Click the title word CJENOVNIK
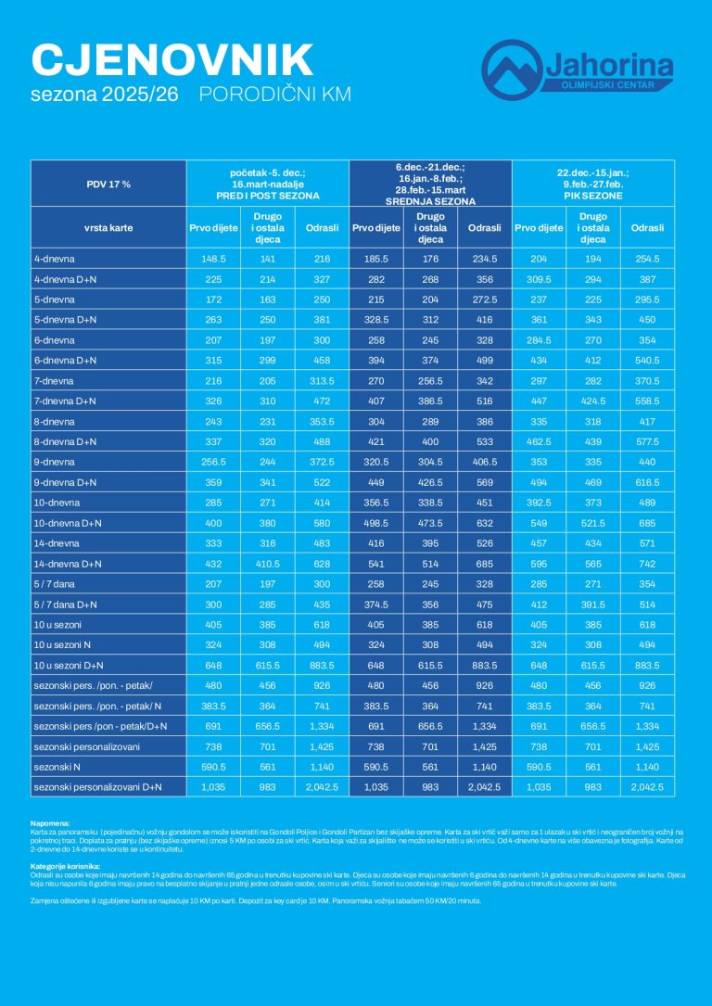click(172, 59)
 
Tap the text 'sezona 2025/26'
click(107, 95)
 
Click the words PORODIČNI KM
click(275, 95)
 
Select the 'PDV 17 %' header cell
click(108, 184)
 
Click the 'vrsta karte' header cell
click(108, 227)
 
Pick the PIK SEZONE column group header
click(593, 196)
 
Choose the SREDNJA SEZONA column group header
click(430, 200)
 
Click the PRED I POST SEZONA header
click(268, 196)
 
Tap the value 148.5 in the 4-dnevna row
click(213, 260)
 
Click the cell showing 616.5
click(647, 482)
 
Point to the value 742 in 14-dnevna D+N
click(647, 563)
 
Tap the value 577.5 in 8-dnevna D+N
click(647, 441)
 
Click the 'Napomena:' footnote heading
click(51, 822)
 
